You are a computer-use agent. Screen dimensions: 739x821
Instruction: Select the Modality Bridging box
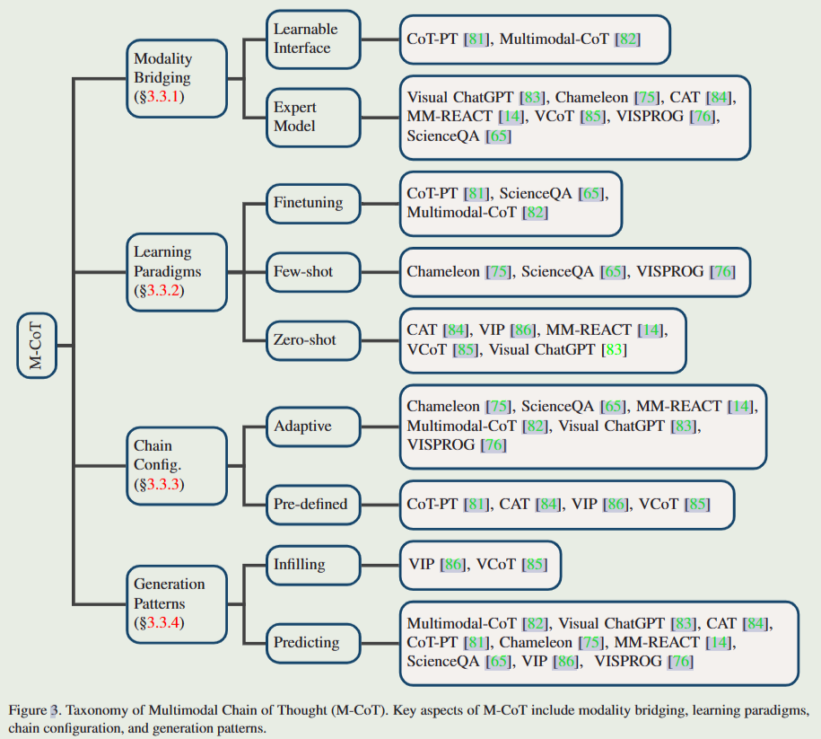click(176, 78)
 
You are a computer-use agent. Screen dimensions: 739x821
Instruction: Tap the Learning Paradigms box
click(176, 271)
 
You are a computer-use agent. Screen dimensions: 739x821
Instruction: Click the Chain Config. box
click(176, 465)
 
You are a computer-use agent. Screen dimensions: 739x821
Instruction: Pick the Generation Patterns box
click(176, 603)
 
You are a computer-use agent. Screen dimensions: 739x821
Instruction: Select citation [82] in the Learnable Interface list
click(627, 39)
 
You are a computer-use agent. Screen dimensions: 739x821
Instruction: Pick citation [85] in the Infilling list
click(534, 565)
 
